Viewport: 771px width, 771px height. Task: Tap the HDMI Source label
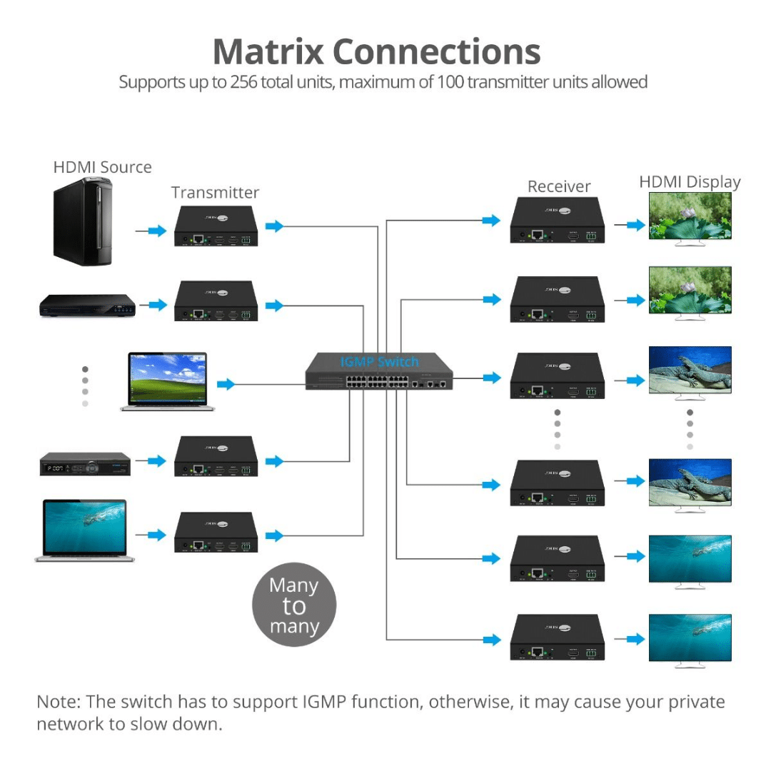[103, 167]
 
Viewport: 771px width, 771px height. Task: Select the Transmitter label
[215, 193]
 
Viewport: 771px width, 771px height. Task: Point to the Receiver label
[559, 186]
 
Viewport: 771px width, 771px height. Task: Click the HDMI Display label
[690, 182]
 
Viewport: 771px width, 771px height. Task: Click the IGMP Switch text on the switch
[379, 361]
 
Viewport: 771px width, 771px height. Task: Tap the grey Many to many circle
[294, 606]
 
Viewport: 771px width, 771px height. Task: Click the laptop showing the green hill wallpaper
[168, 381]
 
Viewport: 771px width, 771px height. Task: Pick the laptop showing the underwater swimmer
[85, 530]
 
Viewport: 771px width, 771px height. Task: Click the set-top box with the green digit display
[85, 464]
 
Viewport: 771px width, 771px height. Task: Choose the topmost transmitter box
[216, 227]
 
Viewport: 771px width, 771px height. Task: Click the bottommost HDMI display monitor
[690, 640]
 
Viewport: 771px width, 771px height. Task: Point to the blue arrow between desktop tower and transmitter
[156, 231]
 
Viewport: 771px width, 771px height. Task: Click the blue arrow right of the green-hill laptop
[226, 384]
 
